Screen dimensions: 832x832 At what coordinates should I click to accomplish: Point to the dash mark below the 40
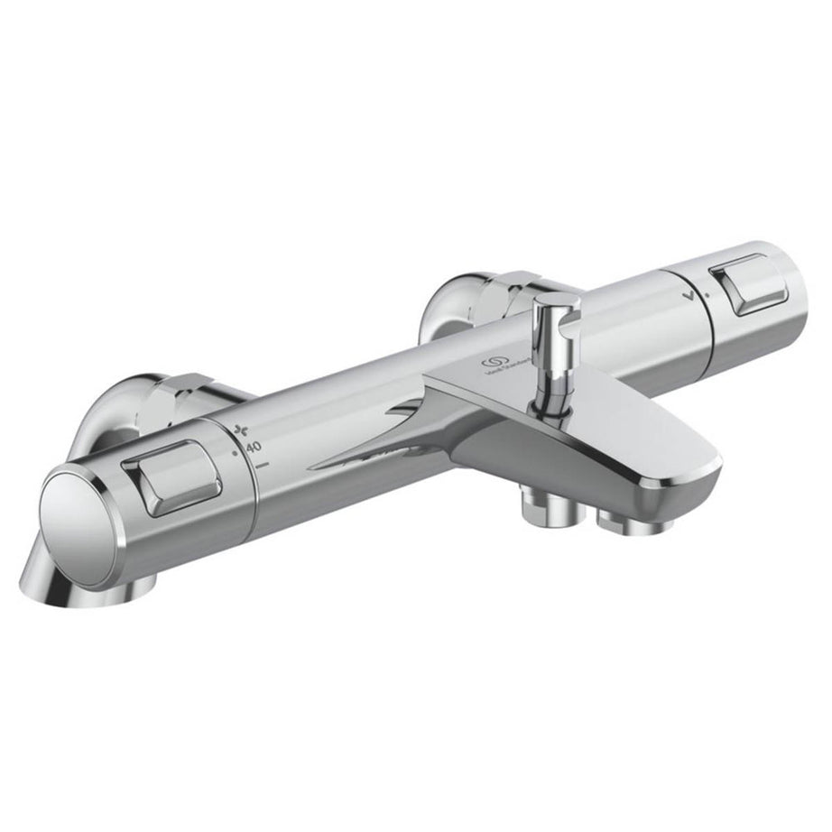[263, 464]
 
